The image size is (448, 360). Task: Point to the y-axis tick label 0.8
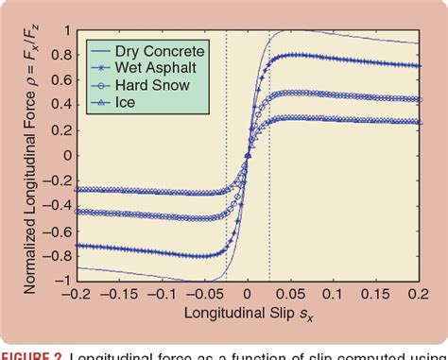coord(60,55)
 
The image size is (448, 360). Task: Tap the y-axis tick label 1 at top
coord(65,30)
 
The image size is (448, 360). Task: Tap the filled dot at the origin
coord(248,156)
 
